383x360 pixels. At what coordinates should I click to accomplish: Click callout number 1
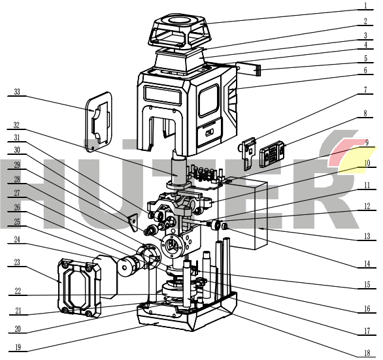[x=365, y=6]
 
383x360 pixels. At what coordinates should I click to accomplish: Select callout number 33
[x=17, y=92]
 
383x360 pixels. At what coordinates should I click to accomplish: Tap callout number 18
[x=367, y=353]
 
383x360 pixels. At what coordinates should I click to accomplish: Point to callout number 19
[x=18, y=347]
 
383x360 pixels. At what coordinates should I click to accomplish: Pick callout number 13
[x=367, y=236]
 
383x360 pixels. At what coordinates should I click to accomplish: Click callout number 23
[x=17, y=262]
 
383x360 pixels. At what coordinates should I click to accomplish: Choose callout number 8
[x=365, y=113]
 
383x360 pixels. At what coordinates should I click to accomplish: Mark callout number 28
[x=17, y=180]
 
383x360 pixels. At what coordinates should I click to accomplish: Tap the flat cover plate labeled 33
[x=99, y=122]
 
